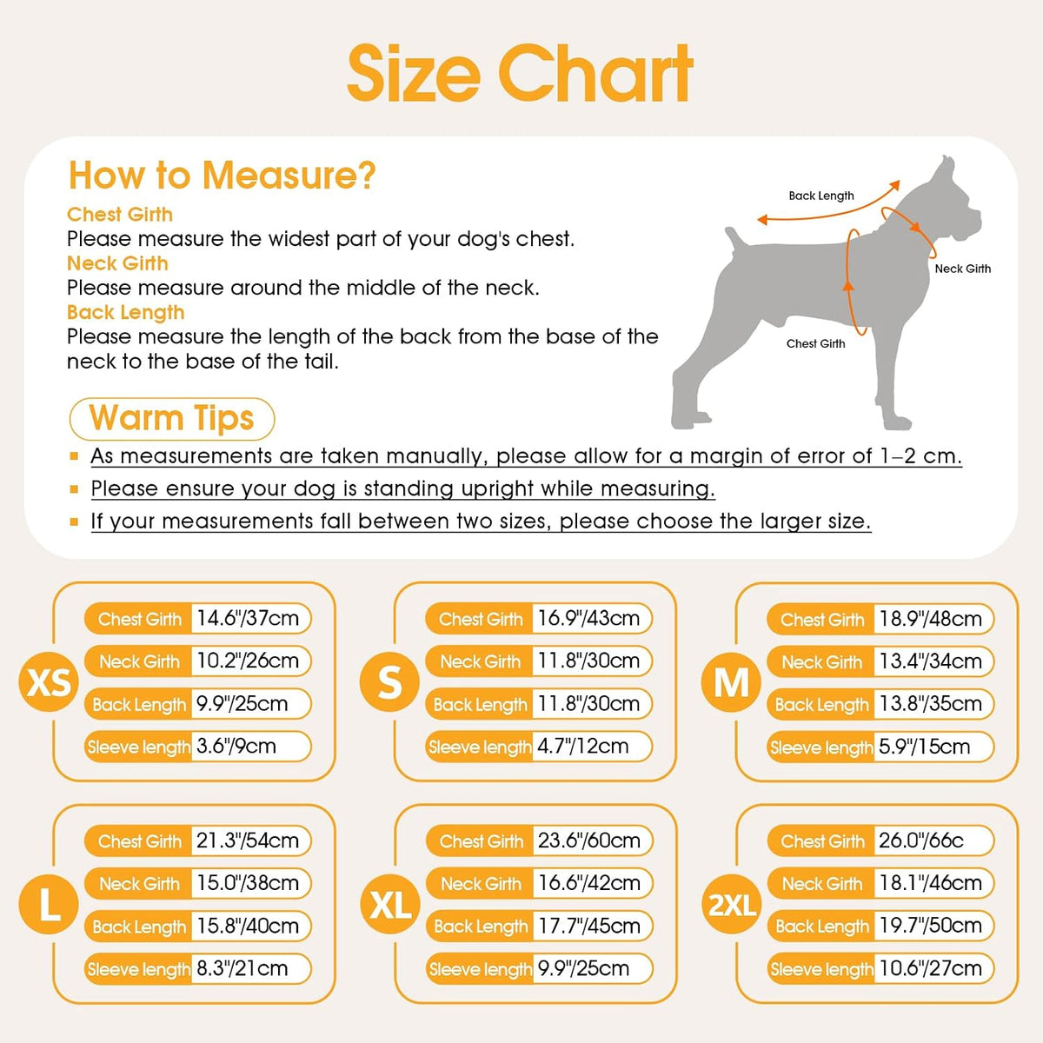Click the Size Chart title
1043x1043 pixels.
tap(520, 74)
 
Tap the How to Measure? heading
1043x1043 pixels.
tap(222, 175)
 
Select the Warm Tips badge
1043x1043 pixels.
tap(172, 418)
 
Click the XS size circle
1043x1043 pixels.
tap(49, 681)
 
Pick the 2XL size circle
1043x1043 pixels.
tap(731, 904)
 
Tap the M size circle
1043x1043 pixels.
tap(731, 682)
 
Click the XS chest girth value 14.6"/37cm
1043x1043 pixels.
tap(248, 618)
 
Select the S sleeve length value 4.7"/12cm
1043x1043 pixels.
tap(582, 747)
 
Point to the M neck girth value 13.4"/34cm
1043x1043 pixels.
tap(930, 661)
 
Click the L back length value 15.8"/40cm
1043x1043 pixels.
tap(248, 926)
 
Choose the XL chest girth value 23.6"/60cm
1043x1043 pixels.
tap(589, 840)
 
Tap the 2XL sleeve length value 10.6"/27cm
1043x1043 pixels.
tap(930, 968)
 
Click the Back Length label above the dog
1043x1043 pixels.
tap(821, 196)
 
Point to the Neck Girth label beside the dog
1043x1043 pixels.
tap(963, 269)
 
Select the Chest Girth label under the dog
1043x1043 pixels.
tap(815, 343)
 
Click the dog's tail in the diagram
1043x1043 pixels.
tap(734, 238)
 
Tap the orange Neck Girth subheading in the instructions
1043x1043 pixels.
tap(117, 263)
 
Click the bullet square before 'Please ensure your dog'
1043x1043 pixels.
tap(74, 489)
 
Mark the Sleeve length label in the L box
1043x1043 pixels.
tap(139, 969)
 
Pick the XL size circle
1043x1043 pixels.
tap(389, 904)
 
